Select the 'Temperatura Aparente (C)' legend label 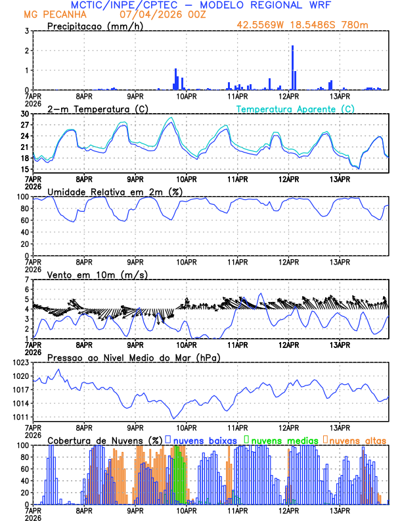coord(296,109)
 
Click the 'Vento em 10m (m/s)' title coord(88,274)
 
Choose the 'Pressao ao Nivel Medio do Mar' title coord(133,357)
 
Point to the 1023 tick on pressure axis coord(20,362)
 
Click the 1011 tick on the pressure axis coord(20,418)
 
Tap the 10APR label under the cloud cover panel coord(187,510)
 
